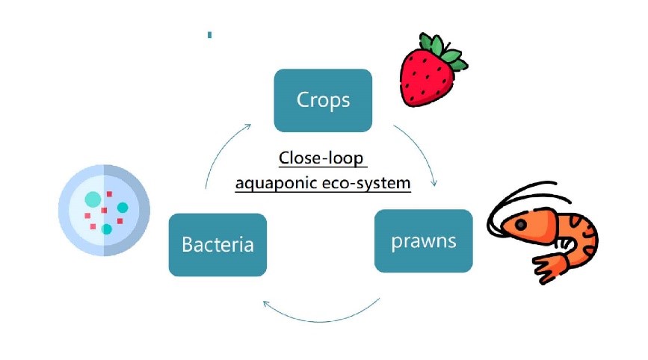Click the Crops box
point(323,100)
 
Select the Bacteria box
point(217,244)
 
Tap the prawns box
point(423,240)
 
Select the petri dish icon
point(104,210)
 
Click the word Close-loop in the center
point(323,159)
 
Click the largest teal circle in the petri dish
point(93,199)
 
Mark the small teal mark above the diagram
point(209,34)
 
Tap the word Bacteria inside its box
point(217,244)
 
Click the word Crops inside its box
point(323,100)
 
